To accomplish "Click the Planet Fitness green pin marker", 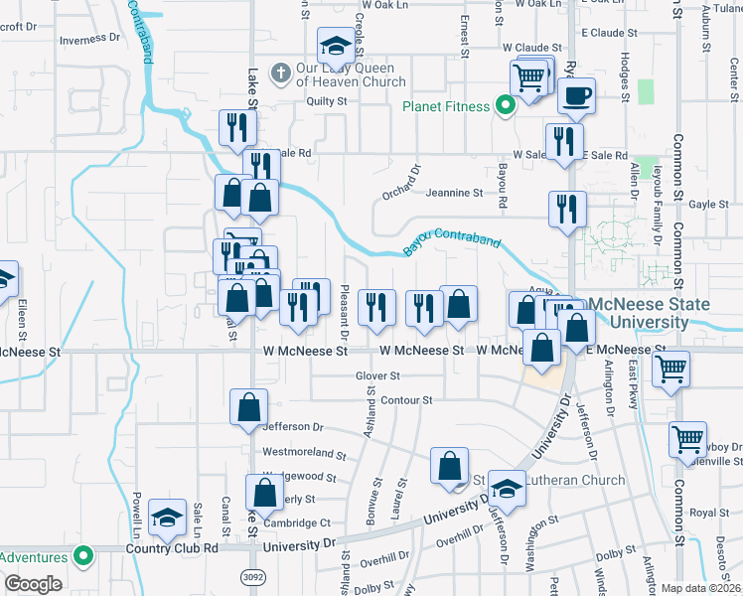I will (x=505, y=106).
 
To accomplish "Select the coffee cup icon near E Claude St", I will (x=575, y=97).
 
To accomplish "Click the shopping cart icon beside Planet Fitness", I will (x=528, y=76).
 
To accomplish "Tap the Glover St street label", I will (x=377, y=376).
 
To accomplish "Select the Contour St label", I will (x=407, y=400).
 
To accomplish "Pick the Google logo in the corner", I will (x=32, y=584).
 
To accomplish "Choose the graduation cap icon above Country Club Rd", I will (x=168, y=517).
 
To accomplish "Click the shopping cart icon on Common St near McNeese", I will (x=671, y=370).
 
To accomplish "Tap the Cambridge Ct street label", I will (x=297, y=523).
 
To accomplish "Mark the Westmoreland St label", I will (x=304, y=454).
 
